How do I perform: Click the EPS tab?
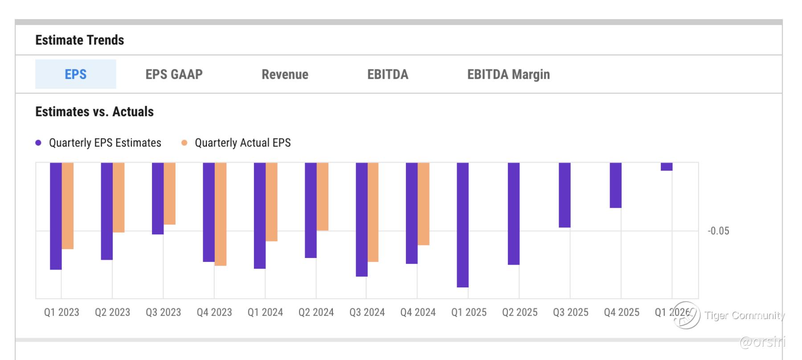pos(75,74)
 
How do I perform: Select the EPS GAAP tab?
pos(174,74)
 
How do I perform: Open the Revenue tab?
pos(285,74)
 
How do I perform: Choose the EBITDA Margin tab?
pos(508,74)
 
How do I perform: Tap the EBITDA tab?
pos(388,74)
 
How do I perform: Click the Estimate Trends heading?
pos(80,40)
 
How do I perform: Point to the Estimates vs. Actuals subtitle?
pos(94,112)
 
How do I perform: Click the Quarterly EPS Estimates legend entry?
pos(105,143)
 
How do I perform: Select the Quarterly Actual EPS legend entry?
pos(242,143)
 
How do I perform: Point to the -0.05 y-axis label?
pos(718,231)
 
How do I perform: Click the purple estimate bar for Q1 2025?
pos(462,225)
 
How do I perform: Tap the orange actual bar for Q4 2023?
pos(221,214)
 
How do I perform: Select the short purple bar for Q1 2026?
pos(667,167)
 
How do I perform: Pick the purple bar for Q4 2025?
pos(615,185)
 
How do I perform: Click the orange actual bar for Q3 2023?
pos(169,193)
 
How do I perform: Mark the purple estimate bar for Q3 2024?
pos(361,219)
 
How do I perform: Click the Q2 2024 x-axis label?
pos(316,312)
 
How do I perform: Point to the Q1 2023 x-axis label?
pos(61,312)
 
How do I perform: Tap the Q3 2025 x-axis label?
pos(570,312)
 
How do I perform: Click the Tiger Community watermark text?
pos(744,315)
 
